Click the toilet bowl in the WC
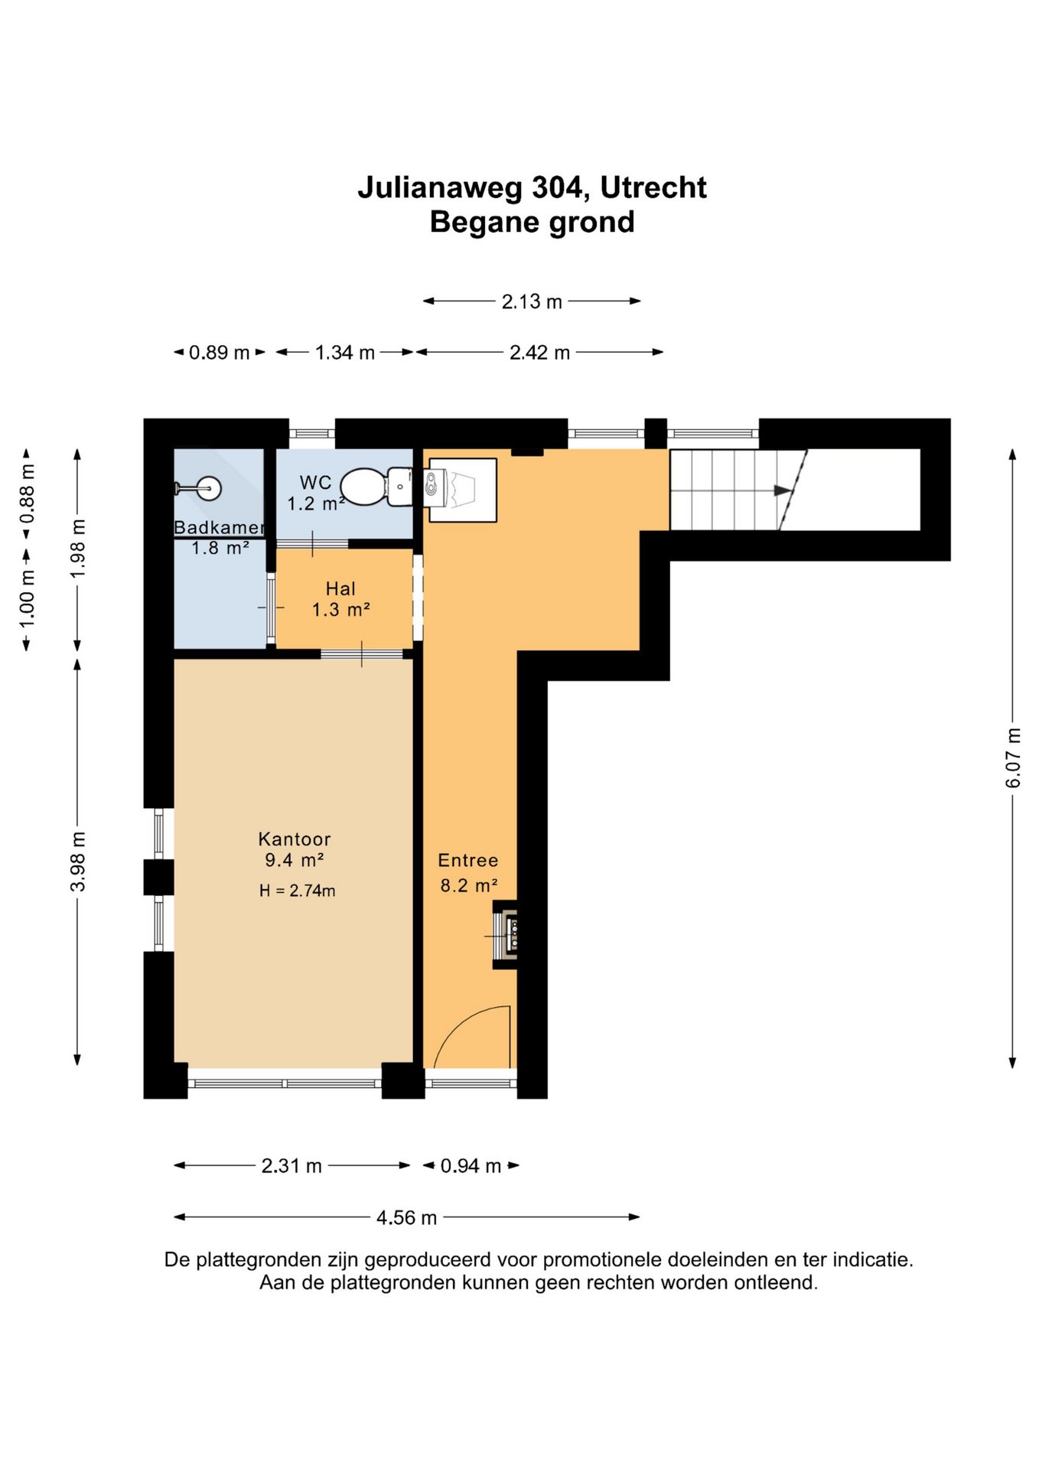(363, 487)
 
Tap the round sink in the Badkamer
(209, 487)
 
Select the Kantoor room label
(295, 839)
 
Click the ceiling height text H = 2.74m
(297, 891)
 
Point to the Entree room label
(467, 861)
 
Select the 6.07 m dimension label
(1013, 757)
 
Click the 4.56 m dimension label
(406, 1217)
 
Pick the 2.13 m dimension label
(532, 301)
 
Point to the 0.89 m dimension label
(220, 353)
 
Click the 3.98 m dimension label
(77, 862)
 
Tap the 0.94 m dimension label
(471, 1166)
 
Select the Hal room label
(340, 588)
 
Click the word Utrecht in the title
(653, 188)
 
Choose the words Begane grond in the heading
(533, 223)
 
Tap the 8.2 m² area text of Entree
(469, 886)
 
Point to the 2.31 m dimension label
(292, 1166)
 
